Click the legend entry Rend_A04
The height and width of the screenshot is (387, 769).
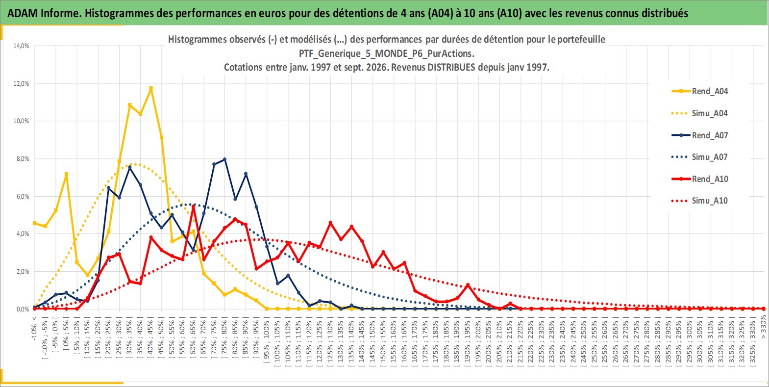click(x=700, y=91)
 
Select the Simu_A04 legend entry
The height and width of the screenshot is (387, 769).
click(x=700, y=113)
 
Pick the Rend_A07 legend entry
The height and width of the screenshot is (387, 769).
click(x=700, y=135)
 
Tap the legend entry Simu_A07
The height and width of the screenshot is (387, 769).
click(x=700, y=157)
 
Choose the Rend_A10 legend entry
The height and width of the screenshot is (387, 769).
click(x=700, y=179)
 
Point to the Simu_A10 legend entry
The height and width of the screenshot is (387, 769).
click(x=700, y=201)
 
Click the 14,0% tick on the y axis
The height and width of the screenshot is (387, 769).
click(x=21, y=46)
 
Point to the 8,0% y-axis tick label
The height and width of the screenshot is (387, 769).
click(x=23, y=158)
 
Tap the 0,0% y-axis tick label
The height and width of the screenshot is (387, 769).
click(x=23, y=309)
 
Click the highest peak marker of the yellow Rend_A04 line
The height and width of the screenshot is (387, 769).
click(x=150, y=88)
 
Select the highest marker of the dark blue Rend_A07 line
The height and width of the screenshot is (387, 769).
click(x=224, y=159)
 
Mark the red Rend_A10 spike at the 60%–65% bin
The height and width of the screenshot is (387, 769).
click(x=193, y=206)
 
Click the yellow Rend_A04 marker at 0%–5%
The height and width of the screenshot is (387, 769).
click(x=66, y=174)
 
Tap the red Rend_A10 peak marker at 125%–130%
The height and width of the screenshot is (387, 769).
click(x=330, y=223)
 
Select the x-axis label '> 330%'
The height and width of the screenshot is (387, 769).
click(x=763, y=327)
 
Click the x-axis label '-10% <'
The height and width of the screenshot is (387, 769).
click(x=34, y=329)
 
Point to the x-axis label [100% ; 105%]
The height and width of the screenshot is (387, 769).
click(x=277, y=343)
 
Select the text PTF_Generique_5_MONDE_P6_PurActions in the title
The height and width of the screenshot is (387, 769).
click(x=386, y=53)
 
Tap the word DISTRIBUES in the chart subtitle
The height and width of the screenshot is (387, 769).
click(x=451, y=67)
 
